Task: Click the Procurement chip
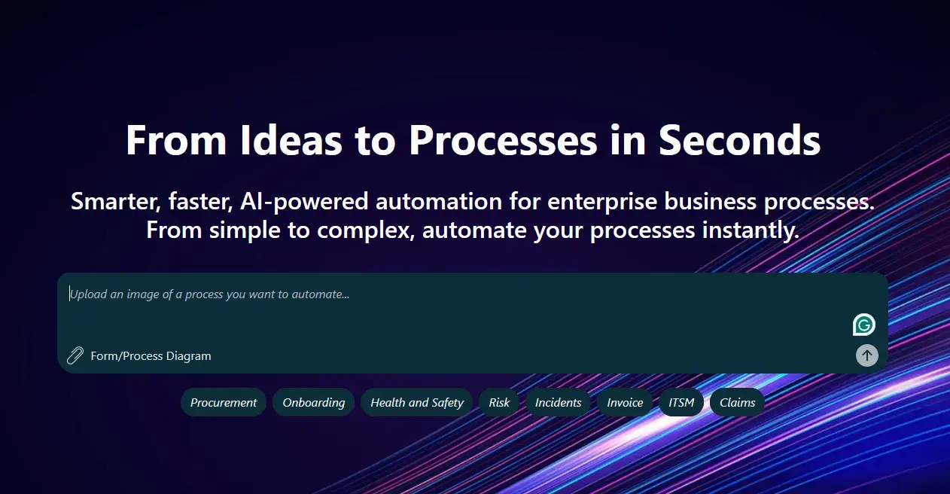pyautogui.click(x=224, y=403)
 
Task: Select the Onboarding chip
pyautogui.click(x=313, y=403)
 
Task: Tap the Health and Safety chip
pyautogui.click(x=417, y=403)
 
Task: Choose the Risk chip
pyautogui.click(x=499, y=403)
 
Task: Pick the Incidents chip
pyautogui.click(x=558, y=403)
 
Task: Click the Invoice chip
pyautogui.click(x=625, y=403)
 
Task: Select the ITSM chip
pyautogui.click(x=681, y=403)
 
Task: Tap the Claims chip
pyautogui.click(x=737, y=403)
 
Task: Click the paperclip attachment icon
pyautogui.click(x=75, y=355)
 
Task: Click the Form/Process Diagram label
pyautogui.click(x=151, y=356)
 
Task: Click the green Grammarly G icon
pyautogui.click(x=864, y=325)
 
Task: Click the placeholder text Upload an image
pyautogui.click(x=209, y=294)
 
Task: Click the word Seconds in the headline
pyautogui.click(x=739, y=140)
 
